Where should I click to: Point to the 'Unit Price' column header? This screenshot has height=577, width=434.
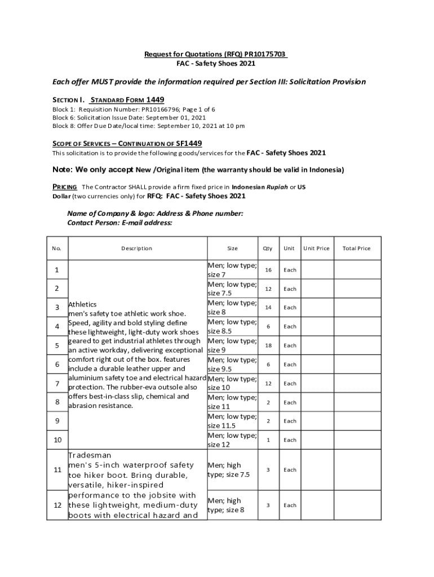[316, 248]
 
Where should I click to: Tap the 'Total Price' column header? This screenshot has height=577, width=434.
[356, 248]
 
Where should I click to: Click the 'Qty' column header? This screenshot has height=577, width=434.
[268, 248]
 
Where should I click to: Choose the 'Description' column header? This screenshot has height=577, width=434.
[136, 248]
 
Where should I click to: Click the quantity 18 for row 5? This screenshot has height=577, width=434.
[268, 345]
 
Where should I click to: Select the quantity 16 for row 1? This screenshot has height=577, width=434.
[268, 270]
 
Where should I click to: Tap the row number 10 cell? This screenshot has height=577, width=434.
[57, 440]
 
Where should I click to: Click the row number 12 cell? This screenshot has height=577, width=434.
[57, 505]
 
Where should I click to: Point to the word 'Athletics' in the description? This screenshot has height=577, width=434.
[82, 304]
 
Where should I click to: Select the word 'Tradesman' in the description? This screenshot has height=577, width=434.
[90, 455]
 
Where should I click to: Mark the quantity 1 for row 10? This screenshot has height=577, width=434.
[268, 440]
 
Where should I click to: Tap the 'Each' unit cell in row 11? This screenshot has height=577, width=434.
[290, 469]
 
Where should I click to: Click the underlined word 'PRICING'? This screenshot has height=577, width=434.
[65, 187]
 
